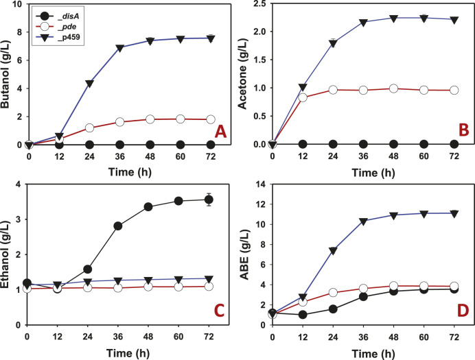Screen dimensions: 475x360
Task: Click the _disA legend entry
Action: pyautogui.click(x=57, y=15)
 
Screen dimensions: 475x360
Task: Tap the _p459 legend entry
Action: pyautogui.click(x=58, y=38)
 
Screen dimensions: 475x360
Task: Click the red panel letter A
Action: pyautogui.click(x=220, y=132)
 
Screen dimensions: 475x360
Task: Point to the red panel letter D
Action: pyautogui.click(x=463, y=311)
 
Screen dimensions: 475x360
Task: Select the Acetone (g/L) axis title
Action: pyautogui.click(x=242, y=82)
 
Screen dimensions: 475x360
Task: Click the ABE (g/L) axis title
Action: pyautogui.click(x=244, y=256)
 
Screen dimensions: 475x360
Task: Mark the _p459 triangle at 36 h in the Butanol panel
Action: pyautogui.click(x=120, y=48)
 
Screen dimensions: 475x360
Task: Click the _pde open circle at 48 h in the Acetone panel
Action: pyautogui.click(x=393, y=88)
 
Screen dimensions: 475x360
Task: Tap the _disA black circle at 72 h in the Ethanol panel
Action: pyautogui.click(x=209, y=200)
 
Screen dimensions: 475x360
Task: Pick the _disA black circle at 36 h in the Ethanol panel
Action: pyautogui.click(x=118, y=226)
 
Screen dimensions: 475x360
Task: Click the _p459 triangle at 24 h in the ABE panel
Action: pyautogui.click(x=333, y=251)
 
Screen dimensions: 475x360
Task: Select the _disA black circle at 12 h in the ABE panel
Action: pyautogui.click(x=303, y=315)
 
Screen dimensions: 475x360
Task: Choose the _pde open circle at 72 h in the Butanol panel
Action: pyautogui.click(x=211, y=119)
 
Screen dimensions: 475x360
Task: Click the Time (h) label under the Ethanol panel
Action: pyautogui.click(x=128, y=353)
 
